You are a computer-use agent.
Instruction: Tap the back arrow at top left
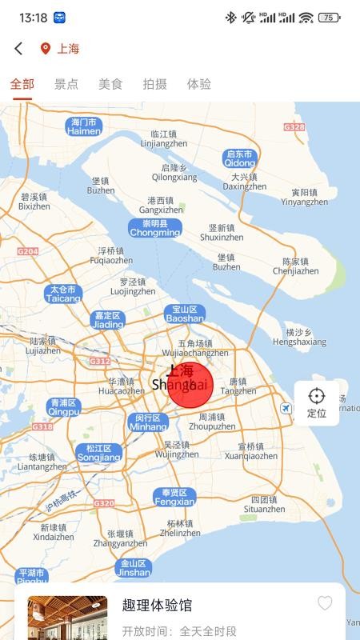tap(18, 49)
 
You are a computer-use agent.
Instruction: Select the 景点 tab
tap(66, 84)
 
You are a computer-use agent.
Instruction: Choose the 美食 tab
tap(110, 84)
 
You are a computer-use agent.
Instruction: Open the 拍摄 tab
tap(155, 84)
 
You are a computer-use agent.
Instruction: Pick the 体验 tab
tap(199, 84)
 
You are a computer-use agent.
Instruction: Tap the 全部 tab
tap(22, 84)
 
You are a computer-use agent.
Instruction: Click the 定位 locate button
tap(317, 402)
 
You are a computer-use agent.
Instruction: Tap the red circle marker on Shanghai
tap(190, 385)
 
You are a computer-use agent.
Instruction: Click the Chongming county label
tap(155, 228)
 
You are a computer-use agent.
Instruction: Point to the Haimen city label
tap(84, 126)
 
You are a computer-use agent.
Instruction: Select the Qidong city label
tap(240, 158)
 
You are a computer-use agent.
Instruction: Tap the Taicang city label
tap(63, 294)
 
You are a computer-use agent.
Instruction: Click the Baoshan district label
tap(185, 314)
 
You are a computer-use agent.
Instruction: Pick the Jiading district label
tap(108, 320)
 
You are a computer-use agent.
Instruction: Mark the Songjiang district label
tap(99, 453)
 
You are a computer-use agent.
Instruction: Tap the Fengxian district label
tap(174, 497)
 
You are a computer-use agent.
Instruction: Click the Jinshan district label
tap(133, 568)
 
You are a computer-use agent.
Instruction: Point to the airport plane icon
tap(286, 409)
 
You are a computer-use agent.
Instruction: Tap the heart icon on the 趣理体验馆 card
tap(325, 603)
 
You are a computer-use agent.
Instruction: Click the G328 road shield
tap(294, 127)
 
